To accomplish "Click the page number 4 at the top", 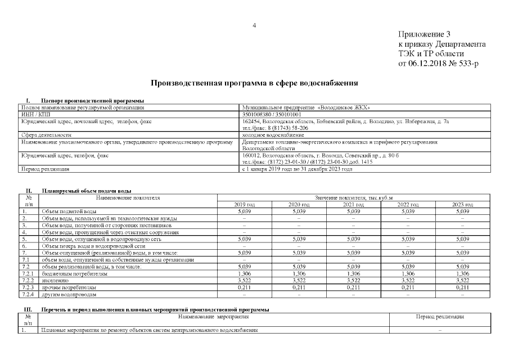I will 254,25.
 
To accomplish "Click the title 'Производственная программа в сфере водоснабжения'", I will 254,83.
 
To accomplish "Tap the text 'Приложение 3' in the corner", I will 424,34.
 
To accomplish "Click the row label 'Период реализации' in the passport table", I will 45,169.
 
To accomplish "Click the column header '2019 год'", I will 244,204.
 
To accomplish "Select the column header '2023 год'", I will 462,204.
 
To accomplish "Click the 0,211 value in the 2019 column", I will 244,287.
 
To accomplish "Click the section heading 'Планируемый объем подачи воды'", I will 86,191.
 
